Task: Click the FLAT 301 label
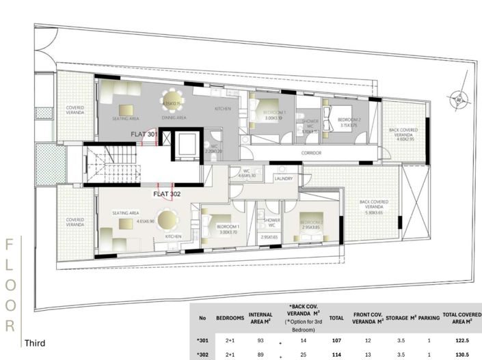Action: click(x=145, y=135)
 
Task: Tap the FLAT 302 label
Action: click(x=167, y=193)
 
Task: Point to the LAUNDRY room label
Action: click(x=284, y=178)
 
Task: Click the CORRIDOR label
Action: click(x=311, y=153)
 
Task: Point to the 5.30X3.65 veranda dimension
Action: click(x=374, y=212)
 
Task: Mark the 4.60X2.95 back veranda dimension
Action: click(x=403, y=139)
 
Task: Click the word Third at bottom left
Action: click(x=36, y=343)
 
